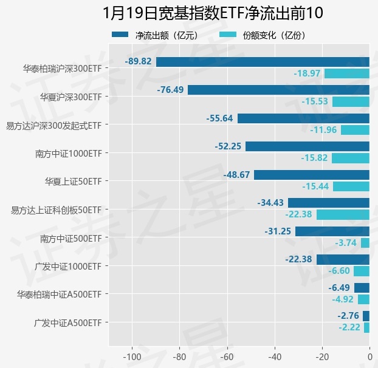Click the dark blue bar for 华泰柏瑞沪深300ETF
tap(263, 61)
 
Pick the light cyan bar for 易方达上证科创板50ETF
tap(343, 214)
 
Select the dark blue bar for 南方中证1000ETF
tap(308, 146)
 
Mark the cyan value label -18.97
tap(307, 73)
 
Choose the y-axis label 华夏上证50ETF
tap(73, 181)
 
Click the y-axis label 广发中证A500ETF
tap(68, 322)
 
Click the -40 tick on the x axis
tap(275, 356)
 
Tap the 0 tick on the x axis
tap(369, 356)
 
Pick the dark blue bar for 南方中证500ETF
tap(332, 231)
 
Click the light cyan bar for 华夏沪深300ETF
tap(351, 101)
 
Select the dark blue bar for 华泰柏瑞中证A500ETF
tap(362, 288)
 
